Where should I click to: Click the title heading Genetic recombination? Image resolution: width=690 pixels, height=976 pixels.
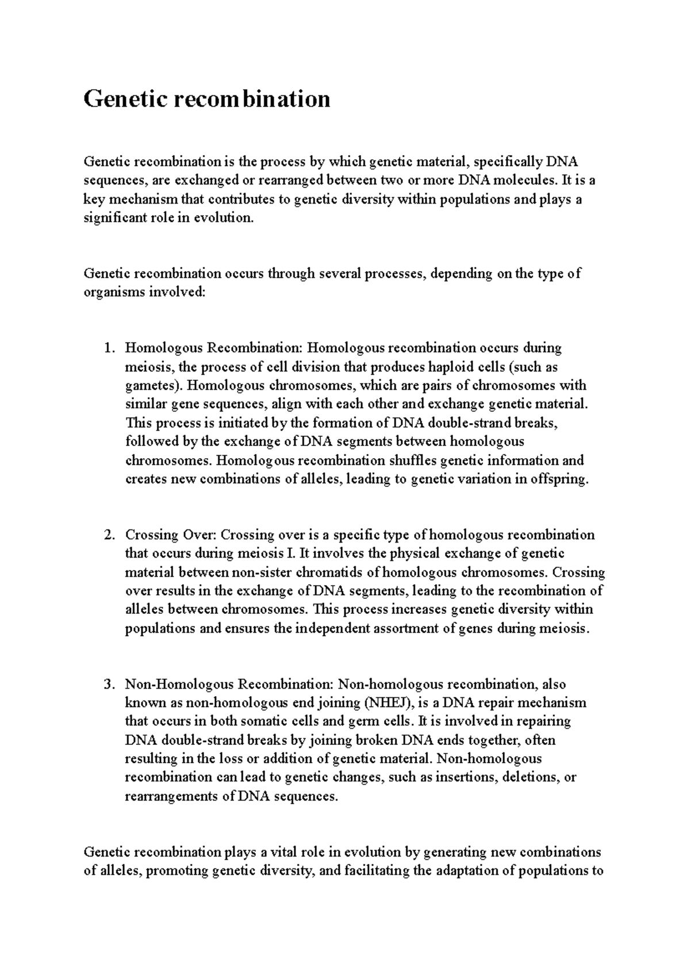tap(207, 99)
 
